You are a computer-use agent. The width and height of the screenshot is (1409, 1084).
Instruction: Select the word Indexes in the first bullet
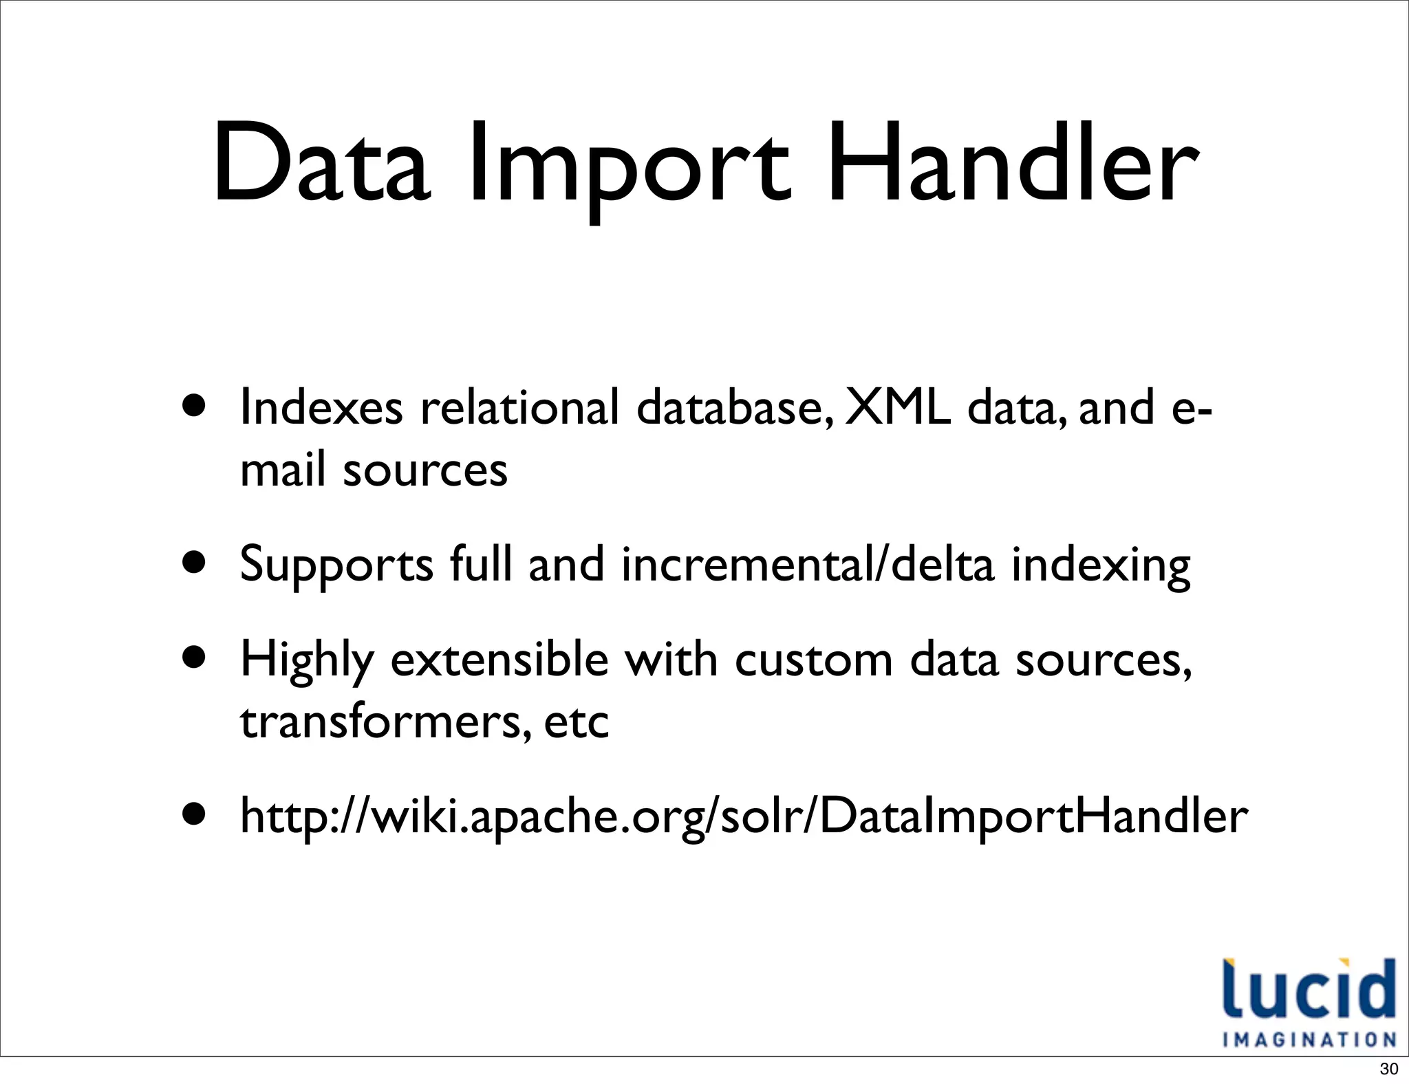click(321, 406)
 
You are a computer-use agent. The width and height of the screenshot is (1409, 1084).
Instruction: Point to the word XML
click(897, 406)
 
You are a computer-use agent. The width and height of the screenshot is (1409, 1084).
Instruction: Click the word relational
click(519, 406)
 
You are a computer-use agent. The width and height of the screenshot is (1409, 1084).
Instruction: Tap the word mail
click(282, 470)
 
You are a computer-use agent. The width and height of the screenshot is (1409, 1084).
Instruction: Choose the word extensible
click(499, 659)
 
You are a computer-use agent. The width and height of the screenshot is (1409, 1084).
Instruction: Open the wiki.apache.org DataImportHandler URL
click(743, 816)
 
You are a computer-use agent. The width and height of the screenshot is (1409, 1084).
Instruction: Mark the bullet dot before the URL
click(195, 814)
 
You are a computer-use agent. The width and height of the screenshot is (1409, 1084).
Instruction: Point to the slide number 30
click(1389, 1069)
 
